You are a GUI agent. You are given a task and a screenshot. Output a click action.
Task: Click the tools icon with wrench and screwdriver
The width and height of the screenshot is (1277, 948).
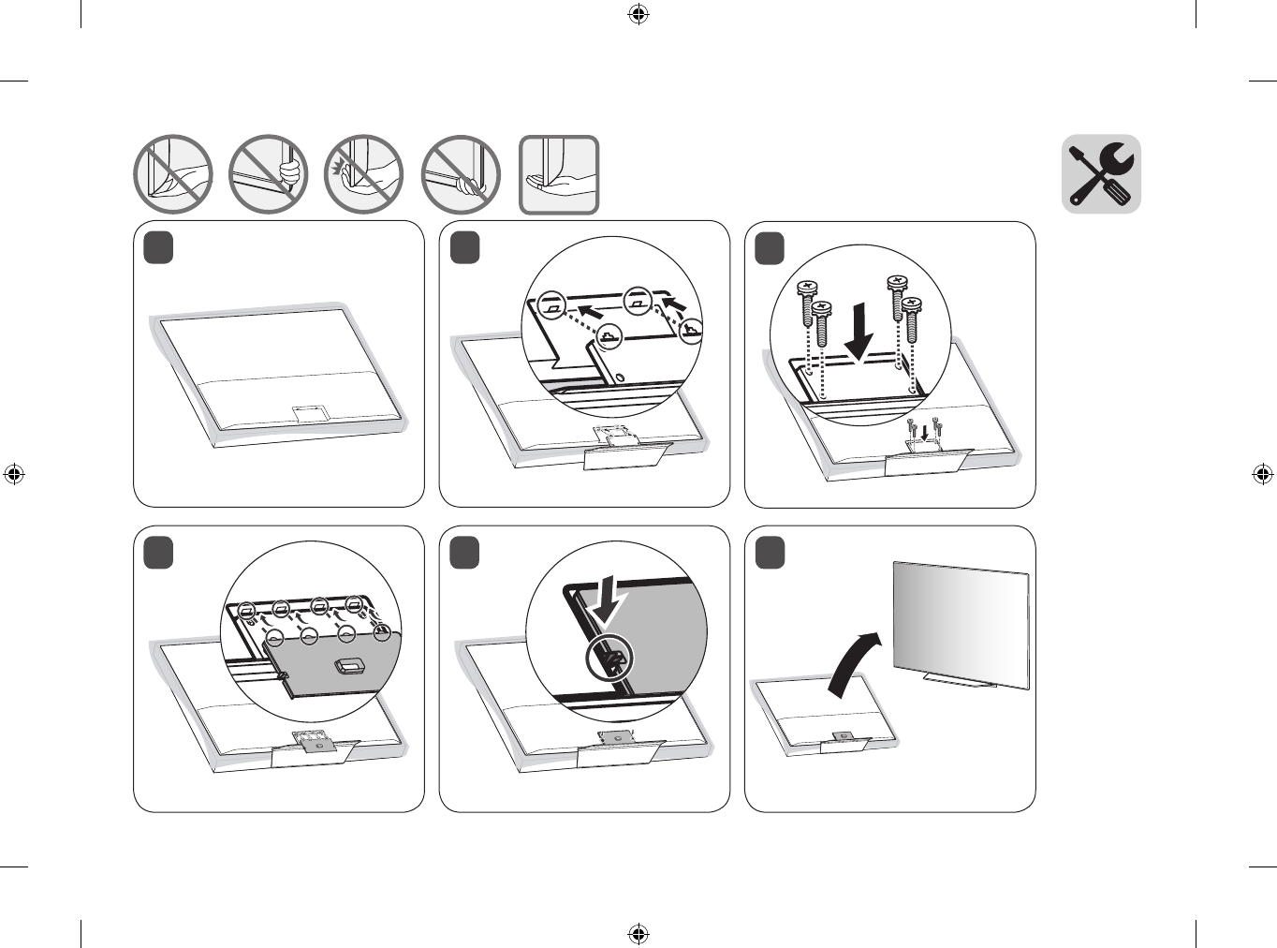pos(1101,174)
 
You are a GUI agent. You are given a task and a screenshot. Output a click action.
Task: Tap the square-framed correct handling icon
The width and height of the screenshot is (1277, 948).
pos(559,175)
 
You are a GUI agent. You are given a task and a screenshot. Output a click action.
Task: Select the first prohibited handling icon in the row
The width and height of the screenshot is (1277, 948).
pos(173,175)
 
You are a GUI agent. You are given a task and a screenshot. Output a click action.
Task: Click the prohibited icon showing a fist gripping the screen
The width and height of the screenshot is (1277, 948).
pos(269,175)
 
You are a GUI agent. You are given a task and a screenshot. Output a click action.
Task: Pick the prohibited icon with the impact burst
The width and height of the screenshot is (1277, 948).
pos(364,175)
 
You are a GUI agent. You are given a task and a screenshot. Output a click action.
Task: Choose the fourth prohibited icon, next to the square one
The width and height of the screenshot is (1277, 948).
pos(461,175)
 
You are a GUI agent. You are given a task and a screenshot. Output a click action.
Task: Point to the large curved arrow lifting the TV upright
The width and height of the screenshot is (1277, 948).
pos(854,663)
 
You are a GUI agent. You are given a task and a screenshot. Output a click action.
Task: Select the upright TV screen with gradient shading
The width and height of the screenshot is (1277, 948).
pos(961,623)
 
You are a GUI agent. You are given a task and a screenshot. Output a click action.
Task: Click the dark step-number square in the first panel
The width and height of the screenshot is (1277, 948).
pos(159,248)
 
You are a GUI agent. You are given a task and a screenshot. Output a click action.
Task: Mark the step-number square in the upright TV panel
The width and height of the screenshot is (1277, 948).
pos(770,553)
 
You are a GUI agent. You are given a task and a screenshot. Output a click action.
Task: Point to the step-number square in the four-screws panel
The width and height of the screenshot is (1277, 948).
pos(770,248)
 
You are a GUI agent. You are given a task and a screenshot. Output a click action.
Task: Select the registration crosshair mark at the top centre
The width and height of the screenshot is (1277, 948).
pos(638,14)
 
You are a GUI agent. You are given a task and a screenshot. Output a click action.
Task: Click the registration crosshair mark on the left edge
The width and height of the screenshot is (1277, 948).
pos(14,474)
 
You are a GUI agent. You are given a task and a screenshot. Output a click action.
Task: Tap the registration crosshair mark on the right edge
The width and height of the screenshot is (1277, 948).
pos(1262,474)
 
